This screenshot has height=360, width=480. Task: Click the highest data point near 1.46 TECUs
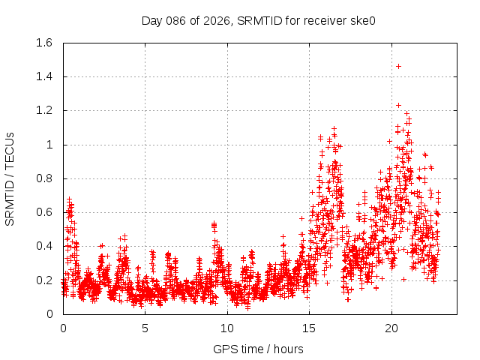pyautogui.click(x=398, y=66)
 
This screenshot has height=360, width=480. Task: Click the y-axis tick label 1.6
pyautogui.click(x=43, y=43)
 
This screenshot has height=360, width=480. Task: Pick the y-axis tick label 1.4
pyautogui.click(x=43, y=76)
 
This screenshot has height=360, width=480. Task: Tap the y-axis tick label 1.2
pyautogui.click(x=43, y=110)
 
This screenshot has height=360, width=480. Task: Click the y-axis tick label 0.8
pyautogui.click(x=43, y=178)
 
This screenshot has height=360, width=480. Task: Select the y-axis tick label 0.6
pyautogui.click(x=43, y=212)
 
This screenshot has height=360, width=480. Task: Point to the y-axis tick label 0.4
pyautogui.click(x=43, y=246)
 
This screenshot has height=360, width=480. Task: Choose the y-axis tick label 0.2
pyautogui.click(x=43, y=280)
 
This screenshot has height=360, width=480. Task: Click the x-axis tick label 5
pyautogui.click(x=145, y=328)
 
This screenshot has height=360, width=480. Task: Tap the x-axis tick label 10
pyautogui.click(x=227, y=328)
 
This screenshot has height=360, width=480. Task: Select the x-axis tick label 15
pyautogui.click(x=309, y=328)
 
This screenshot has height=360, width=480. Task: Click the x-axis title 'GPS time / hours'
pyautogui.click(x=258, y=349)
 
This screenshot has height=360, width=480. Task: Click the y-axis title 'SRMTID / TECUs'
pyautogui.click(x=10, y=178)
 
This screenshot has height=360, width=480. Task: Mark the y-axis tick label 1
pyautogui.click(x=49, y=145)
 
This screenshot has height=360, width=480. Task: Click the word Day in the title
pyautogui.click(x=152, y=20)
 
